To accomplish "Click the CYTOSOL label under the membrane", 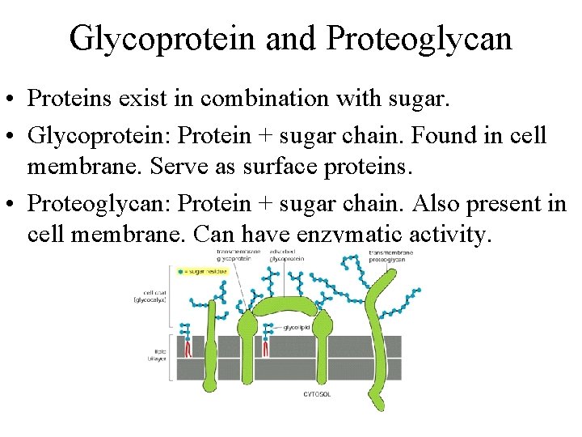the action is point(317,394).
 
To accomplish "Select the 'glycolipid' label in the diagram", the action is point(295,328).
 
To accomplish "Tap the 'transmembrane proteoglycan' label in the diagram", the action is point(390,257).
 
